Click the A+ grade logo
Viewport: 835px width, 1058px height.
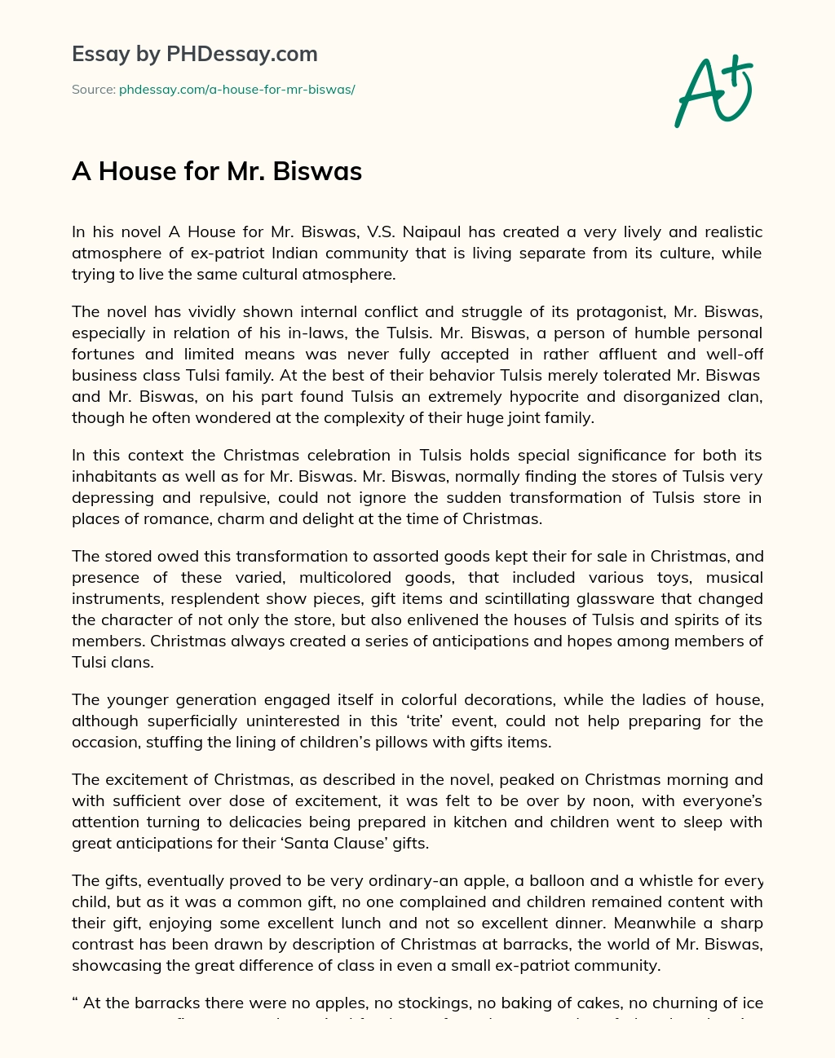pyautogui.click(x=714, y=90)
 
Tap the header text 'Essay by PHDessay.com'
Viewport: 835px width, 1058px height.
pyautogui.click(x=194, y=54)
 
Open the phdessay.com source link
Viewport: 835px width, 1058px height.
pyautogui.click(x=236, y=90)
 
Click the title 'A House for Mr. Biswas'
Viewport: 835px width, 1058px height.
pyautogui.click(x=217, y=171)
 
